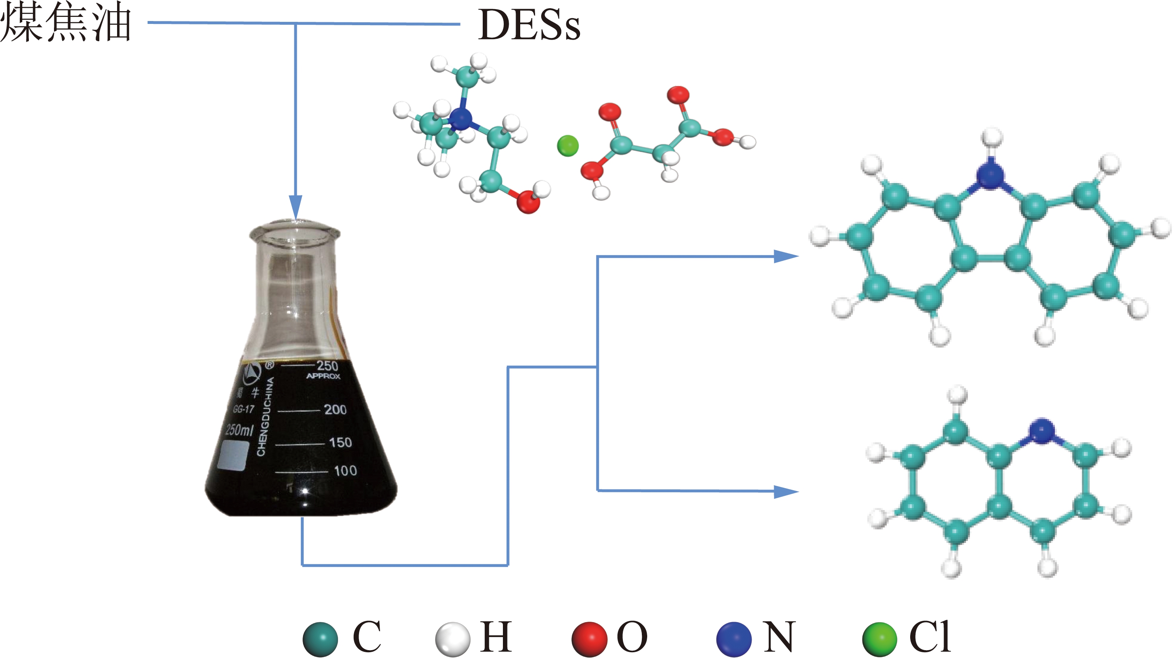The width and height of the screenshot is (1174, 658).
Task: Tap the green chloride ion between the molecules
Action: (568, 146)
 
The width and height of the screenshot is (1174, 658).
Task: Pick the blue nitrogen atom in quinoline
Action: (1042, 430)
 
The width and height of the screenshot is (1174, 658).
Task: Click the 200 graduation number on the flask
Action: (336, 410)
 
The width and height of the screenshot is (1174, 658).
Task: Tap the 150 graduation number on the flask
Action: (340, 442)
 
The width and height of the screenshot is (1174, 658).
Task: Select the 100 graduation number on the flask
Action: (345, 471)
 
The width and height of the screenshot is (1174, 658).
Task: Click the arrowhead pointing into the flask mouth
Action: (296, 208)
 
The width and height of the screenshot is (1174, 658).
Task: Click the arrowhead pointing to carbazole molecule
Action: (787, 256)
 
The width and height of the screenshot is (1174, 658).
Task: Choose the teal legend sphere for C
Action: (320, 639)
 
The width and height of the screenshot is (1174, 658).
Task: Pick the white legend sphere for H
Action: (453, 639)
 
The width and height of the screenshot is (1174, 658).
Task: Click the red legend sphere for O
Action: (589, 639)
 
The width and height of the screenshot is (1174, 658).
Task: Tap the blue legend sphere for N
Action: (734, 639)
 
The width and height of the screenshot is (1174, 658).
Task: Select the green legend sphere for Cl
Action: (880, 639)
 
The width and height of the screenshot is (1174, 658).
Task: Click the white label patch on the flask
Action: (233, 455)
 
